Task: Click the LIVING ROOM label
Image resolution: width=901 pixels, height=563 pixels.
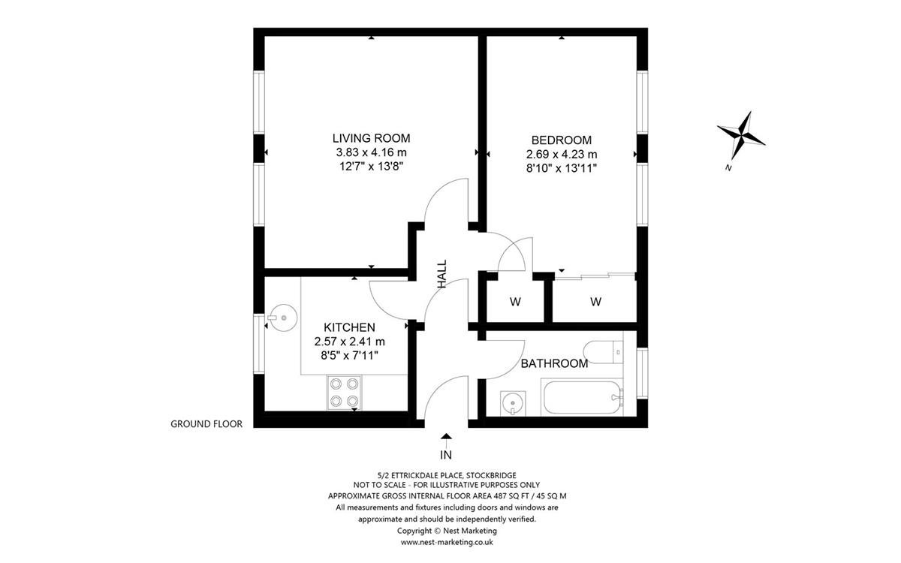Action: (x=371, y=138)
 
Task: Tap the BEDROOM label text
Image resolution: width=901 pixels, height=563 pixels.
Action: (x=562, y=140)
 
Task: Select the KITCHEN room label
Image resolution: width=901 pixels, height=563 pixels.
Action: (x=349, y=327)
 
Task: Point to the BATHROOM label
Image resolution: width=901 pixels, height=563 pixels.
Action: (x=554, y=363)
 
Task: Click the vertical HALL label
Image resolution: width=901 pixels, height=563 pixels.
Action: (x=442, y=273)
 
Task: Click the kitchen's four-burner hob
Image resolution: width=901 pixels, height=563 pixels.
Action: (x=345, y=393)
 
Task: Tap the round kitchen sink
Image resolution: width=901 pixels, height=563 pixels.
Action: (x=283, y=318)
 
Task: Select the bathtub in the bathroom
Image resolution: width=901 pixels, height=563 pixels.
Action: (x=582, y=397)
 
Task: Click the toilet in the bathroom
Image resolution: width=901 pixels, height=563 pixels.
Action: (x=603, y=352)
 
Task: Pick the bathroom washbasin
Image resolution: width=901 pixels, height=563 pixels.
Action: (x=513, y=403)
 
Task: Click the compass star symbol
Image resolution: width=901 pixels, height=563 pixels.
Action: (x=741, y=135)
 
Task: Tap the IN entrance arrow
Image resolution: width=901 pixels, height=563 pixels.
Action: (x=446, y=441)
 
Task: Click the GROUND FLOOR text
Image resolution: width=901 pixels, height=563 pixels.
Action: (x=206, y=424)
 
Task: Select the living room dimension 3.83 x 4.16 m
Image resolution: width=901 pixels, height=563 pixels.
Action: (x=371, y=152)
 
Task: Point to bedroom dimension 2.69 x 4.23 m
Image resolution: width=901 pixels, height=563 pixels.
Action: (x=562, y=154)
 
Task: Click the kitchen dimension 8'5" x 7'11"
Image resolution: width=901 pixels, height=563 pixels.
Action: (x=349, y=356)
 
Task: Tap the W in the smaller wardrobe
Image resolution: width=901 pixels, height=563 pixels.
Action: (x=515, y=302)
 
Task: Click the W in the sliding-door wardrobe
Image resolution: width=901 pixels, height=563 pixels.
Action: (x=595, y=302)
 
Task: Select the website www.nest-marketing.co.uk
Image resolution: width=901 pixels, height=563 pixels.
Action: (x=447, y=542)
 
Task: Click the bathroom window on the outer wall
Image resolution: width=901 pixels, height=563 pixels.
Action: (x=643, y=374)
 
